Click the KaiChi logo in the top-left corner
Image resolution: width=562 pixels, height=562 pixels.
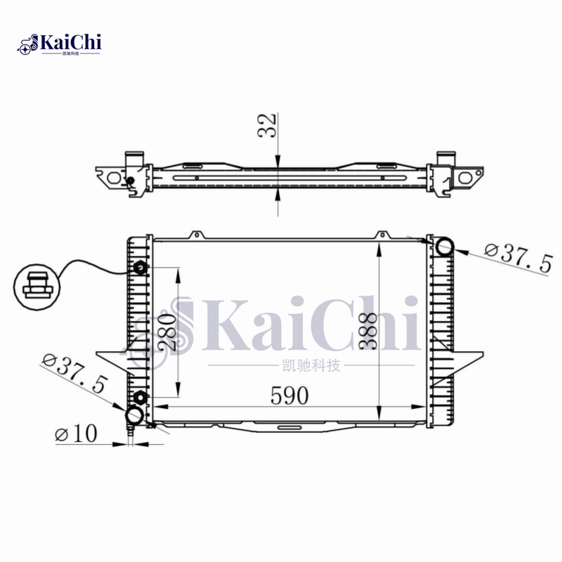coord(60,44)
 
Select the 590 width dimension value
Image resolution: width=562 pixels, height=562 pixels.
coord(289,396)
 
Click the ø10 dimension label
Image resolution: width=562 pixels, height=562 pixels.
coord(75,434)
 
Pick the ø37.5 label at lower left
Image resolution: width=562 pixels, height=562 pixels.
coord(74,374)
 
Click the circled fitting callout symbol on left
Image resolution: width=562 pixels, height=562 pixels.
coord(37,285)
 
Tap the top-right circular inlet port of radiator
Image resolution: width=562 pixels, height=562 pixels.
coord(444,247)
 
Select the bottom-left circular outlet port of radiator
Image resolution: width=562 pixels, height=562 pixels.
coord(133,416)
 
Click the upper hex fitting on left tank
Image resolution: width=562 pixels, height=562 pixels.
coord(140,268)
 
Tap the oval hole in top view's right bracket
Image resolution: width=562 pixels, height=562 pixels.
coord(465,178)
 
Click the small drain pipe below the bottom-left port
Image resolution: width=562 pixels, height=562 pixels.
coord(132,436)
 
